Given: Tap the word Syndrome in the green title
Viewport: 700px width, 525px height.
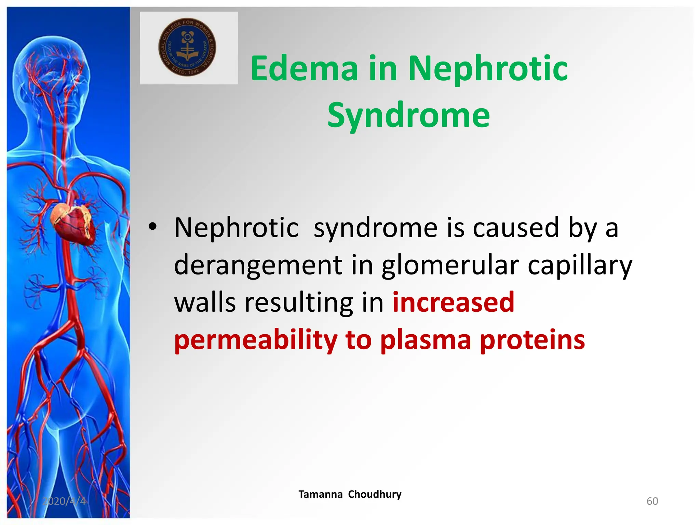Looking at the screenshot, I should point(408,116).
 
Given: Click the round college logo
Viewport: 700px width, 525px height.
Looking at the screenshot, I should point(187,47).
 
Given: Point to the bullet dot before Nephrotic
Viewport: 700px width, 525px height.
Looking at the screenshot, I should point(152,227).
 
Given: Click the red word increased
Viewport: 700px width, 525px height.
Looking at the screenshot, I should point(453,302).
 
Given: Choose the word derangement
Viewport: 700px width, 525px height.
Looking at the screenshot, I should point(258,265).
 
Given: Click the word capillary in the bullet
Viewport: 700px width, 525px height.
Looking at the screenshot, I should point(580,265).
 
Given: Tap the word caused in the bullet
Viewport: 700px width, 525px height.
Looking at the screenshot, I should point(516,228).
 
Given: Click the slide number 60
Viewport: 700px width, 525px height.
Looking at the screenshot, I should point(652,501).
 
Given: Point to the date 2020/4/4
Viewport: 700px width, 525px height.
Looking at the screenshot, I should point(64,501).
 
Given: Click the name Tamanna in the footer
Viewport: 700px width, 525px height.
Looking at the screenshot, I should point(320,494).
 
